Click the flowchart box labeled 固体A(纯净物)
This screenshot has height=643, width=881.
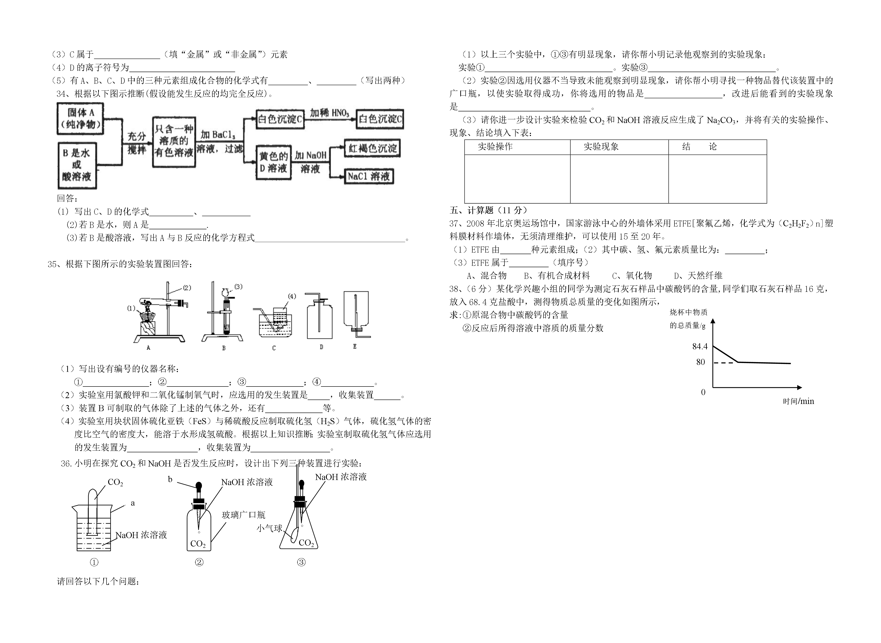pyautogui.click(x=80, y=119)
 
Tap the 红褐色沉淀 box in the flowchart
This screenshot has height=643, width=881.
pyautogui.click(x=373, y=148)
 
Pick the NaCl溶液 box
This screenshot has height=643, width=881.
pyautogui.click(x=369, y=176)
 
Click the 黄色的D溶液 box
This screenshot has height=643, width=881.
pyautogui.click(x=274, y=162)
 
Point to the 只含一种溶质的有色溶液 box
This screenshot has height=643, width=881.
pyautogui.click(x=174, y=142)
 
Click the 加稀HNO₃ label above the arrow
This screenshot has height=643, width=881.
pyautogui.click(x=329, y=113)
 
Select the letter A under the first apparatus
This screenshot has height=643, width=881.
pyautogui.click(x=148, y=348)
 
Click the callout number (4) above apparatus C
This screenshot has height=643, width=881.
pyautogui.click(x=292, y=296)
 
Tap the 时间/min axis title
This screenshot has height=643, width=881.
pyautogui.click(x=798, y=401)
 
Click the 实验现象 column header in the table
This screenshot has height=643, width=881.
pyautogui.click(x=601, y=147)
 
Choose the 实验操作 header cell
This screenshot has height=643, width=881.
pyautogui.click(x=495, y=147)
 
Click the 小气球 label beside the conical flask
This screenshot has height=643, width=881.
pyautogui.click(x=269, y=528)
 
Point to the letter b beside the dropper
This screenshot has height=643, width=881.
pyautogui.click(x=170, y=480)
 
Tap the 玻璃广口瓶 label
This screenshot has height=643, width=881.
pyautogui.click(x=243, y=515)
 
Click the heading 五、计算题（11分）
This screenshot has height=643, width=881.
pyautogui.click(x=489, y=210)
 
